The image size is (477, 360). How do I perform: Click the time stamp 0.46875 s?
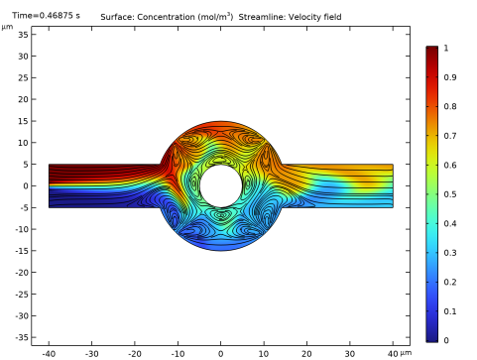60,16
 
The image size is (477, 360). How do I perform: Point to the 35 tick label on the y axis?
23,35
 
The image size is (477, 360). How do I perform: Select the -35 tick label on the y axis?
22,337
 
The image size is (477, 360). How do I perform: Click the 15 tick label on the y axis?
23,121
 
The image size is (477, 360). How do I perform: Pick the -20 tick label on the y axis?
22,273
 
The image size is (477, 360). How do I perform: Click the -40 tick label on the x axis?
49,354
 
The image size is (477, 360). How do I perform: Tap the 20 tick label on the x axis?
306,354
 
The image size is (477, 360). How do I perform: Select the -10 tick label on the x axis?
178,354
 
